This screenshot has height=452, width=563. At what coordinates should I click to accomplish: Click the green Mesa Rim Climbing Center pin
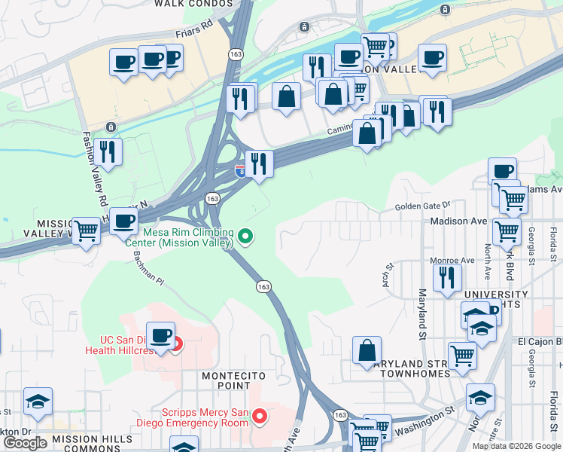245,237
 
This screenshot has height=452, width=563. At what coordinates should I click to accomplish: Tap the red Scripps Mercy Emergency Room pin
260,415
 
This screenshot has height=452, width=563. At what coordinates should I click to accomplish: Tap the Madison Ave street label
458,221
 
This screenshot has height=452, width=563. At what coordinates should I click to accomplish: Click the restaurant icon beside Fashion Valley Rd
109,151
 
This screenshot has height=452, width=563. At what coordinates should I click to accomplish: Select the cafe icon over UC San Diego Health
160,335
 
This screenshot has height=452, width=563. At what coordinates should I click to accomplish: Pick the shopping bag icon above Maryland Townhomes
367,350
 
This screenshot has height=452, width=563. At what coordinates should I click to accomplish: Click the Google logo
25,443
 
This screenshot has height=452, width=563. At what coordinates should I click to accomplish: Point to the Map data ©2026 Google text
517,446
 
